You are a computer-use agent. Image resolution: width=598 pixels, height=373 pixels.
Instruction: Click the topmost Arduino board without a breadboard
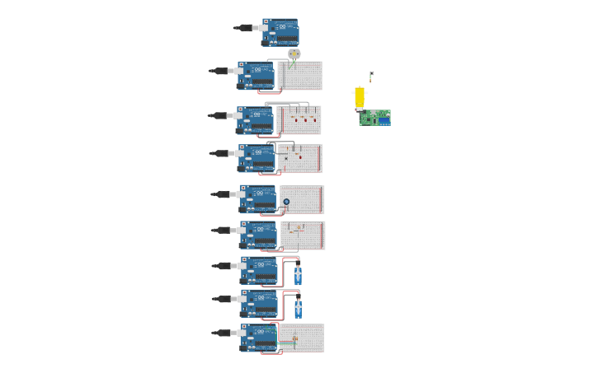[x=280, y=32]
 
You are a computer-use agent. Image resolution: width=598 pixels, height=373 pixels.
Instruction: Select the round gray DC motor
[x=294, y=54]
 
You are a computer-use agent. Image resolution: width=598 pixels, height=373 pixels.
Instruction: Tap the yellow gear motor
[x=360, y=98]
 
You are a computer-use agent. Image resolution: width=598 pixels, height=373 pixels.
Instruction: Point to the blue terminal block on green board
[x=384, y=122]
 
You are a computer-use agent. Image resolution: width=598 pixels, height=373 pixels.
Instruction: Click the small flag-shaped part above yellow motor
[x=371, y=75]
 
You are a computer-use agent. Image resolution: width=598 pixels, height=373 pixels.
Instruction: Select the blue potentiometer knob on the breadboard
[x=286, y=201]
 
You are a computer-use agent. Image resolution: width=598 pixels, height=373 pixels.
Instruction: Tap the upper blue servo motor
[x=298, y=274]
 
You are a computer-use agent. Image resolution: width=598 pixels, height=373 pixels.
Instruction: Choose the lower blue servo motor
[x=298, y=308]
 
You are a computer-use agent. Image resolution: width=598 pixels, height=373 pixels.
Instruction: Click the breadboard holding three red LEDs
[x=299, y=120]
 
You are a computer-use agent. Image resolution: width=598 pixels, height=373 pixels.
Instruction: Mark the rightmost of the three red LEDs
[x=314, y=120]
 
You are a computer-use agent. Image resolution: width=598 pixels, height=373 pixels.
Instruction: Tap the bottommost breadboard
[x=302, y=338]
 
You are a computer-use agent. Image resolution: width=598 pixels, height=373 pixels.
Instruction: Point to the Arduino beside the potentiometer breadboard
[x=257, y=198]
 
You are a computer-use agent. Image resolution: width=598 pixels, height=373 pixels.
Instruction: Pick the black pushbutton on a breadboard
[x=286, y=158]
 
